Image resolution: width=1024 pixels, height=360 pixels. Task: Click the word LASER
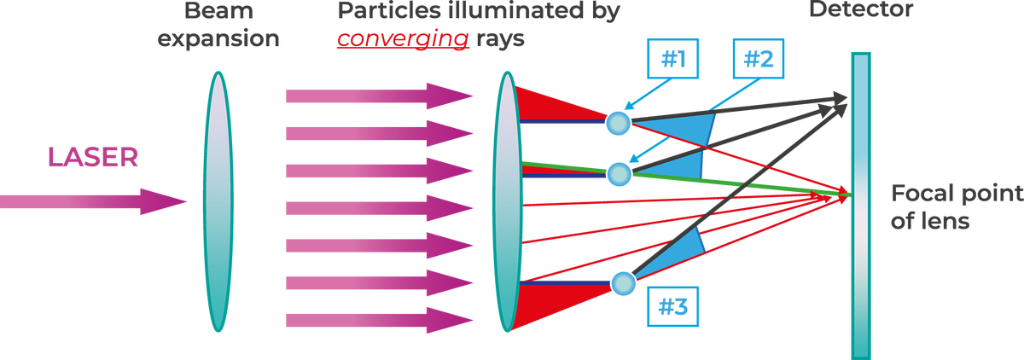[94, 157]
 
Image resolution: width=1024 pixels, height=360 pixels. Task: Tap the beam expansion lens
[218, 202]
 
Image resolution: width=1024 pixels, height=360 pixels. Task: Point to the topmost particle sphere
[617, 122]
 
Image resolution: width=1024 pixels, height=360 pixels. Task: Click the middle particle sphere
[619, 175]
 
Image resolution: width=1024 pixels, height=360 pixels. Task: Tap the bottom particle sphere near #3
[624, 282]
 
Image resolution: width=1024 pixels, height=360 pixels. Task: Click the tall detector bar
[859, 205]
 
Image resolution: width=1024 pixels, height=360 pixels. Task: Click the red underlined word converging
[404, 38]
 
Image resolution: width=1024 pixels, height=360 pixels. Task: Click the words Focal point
[956, 195]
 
